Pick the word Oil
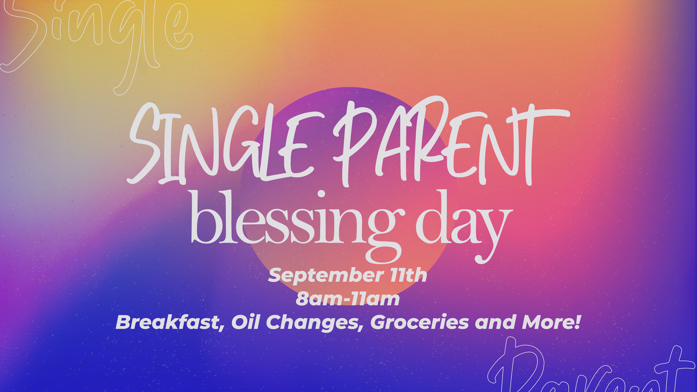pyautogui.click(x=245, y=322)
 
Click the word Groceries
pyautogui.click(x=420, y=322)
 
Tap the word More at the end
pyautogui.click(x=548, y=322)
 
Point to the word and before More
pyautogui.click(x=495, y=322)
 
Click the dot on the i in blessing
pyautogui.click(x=321, y=194)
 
